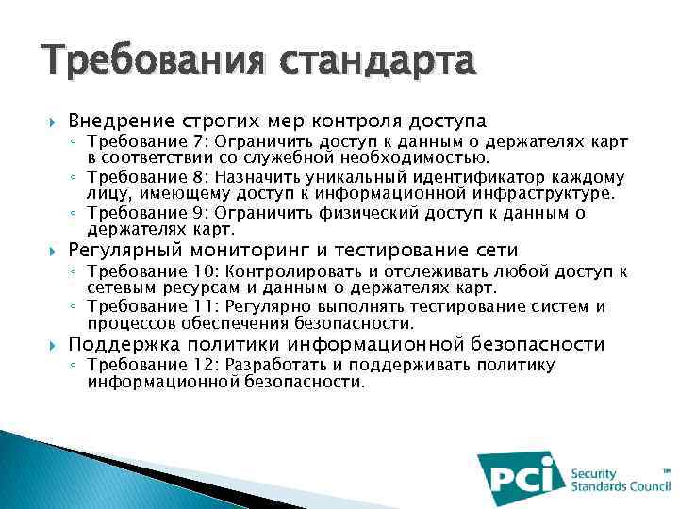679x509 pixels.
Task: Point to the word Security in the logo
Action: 594,473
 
